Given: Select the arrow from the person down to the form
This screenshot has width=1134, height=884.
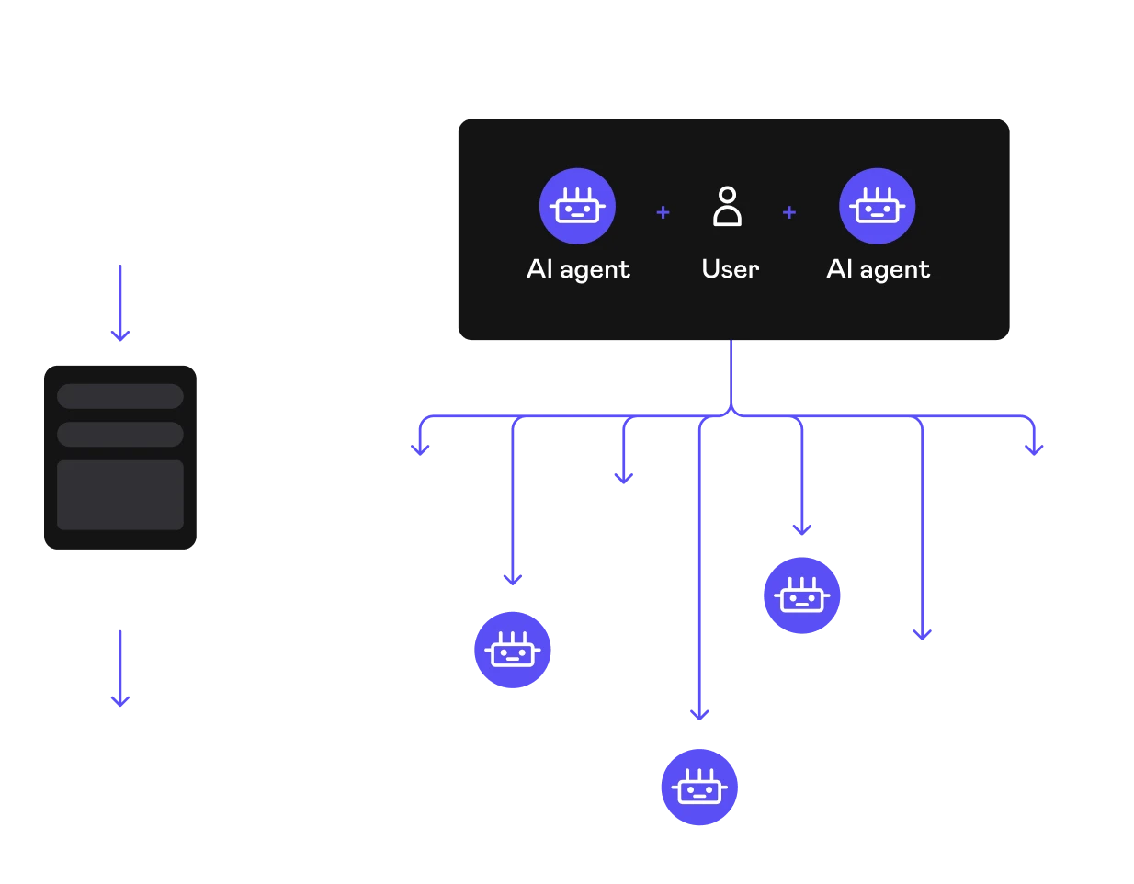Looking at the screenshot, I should click(120, 303).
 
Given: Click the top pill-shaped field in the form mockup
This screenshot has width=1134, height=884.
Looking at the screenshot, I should click(120, 396).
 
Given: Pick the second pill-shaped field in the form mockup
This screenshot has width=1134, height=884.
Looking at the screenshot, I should click(120, 434).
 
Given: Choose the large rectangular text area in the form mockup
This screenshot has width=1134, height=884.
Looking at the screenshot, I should click(120, 495).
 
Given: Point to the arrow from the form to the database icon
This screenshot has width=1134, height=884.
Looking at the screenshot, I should click(120, 667).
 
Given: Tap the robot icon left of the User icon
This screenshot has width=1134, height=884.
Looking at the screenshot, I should click(577, 206).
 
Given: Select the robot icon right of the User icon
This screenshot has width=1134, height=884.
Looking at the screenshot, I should click(878, 206).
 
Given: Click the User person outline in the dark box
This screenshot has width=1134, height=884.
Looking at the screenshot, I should click(727, 206).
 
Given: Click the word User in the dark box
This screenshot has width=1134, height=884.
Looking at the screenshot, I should click(731, 269).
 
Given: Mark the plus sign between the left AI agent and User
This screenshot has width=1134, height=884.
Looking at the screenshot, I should click(663, 212).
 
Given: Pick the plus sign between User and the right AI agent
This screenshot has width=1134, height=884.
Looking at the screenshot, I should click(788, 212).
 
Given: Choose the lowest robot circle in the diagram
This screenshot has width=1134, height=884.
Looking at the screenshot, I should click(700, 788).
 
